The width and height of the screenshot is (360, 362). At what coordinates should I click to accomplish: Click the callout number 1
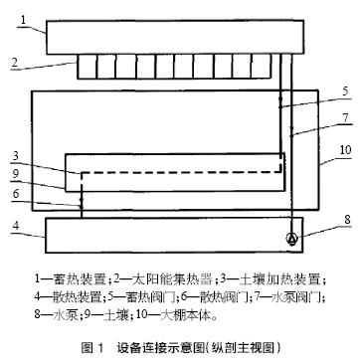[23, 19]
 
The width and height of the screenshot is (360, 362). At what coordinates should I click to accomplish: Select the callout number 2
[14, 63]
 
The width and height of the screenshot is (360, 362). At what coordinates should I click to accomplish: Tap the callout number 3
[15, 157]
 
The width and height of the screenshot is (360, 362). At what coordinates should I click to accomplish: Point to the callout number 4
[15, 227]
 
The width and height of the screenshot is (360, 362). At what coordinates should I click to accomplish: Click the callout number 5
[345, 91]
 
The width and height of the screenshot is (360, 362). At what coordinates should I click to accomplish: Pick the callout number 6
[16, 194]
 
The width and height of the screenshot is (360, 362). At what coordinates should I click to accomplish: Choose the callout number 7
[345, 118]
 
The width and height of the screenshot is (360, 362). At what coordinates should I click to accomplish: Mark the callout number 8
[347, 220]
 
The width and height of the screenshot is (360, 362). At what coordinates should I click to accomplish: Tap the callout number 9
[15, 175]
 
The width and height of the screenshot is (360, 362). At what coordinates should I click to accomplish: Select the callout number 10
[345, 150]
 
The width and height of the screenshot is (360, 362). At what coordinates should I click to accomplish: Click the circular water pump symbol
[292, 239]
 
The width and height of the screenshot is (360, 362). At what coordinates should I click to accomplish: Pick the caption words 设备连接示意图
[161, 348]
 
